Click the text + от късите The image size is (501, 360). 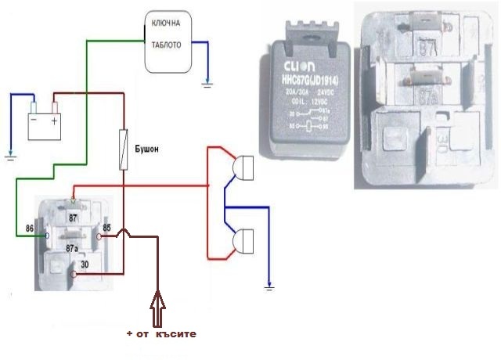(161, 333)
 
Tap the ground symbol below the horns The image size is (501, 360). (269, 288)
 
